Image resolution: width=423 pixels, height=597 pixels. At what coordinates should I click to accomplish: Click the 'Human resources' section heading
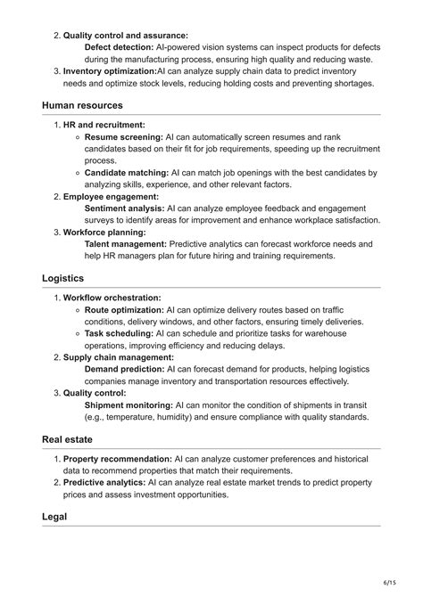[x=86, y=105]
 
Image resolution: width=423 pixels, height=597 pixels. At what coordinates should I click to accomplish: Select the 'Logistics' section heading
[x=64, y=278]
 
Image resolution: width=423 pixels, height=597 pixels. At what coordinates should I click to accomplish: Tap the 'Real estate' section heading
[x=67, y=439]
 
